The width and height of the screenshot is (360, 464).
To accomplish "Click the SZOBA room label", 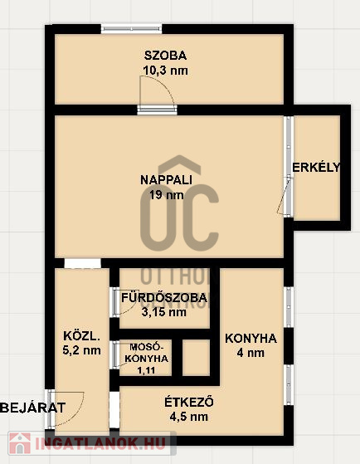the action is (165, 56).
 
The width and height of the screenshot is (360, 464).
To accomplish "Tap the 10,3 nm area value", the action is (165, 71).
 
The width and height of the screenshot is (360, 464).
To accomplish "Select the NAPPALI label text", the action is (166, 180).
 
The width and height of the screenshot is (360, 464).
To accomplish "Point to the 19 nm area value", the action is (166, 195).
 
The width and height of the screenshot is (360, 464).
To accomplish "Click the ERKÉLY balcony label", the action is (316, 167).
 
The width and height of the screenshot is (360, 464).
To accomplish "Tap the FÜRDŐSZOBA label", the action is (164, 297).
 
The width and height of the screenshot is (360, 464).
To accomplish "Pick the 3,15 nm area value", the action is (164, 312).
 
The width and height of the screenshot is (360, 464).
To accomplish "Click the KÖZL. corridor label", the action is (80, 336).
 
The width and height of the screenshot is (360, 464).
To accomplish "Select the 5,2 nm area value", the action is (81, 350).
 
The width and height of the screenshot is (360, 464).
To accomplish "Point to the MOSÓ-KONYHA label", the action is (147, 352).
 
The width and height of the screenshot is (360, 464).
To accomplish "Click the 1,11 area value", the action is (147, 370).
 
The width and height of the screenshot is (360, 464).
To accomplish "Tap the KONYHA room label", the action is (251, 338).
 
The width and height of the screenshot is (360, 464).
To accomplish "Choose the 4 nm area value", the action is (251, 353).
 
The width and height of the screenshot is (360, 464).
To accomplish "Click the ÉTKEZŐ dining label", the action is (189, 402).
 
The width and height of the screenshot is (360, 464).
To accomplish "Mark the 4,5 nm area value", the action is (189, 417).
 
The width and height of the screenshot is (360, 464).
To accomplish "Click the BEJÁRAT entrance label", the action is (33, 408).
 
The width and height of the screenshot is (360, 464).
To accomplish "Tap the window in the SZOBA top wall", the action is (131, 29).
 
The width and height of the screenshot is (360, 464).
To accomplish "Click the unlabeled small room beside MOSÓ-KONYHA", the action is (196, 358).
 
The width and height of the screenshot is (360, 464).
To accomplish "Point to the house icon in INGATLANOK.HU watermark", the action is (20, 443).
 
